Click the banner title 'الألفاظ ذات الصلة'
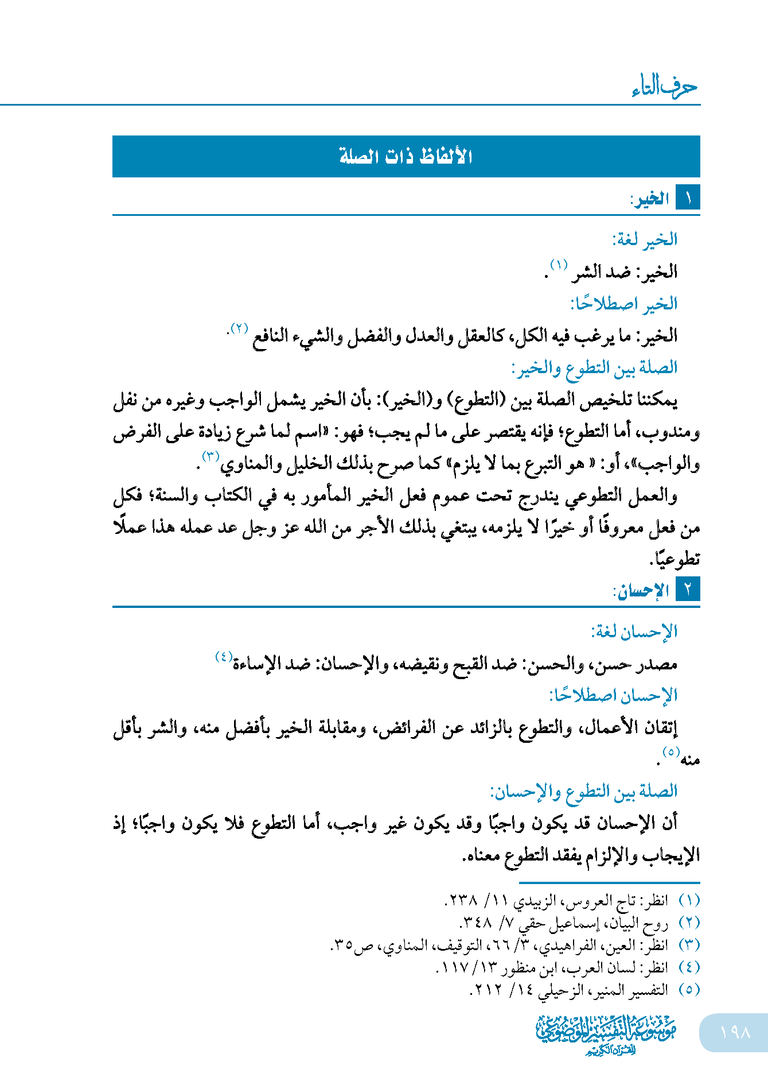click(406, 156)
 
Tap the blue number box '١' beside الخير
click(688, 199)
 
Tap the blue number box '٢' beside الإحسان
click(688, 590)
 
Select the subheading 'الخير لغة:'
click(645, 239)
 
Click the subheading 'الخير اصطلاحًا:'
click(624, 303)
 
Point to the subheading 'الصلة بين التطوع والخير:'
click(594, 368)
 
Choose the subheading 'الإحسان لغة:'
click(634, 632)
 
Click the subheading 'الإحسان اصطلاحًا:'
click(613, 696)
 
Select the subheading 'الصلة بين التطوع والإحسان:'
click(584, 792)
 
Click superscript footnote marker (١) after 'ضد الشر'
click(559, 265)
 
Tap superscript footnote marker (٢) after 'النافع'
click(239, 329)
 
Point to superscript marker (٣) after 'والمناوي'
click(210, 457)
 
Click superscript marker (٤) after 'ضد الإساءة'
click(224, 656)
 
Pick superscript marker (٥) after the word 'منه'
click(670, 752)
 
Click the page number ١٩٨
click(735, 1032)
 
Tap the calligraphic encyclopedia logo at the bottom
click(606, 1034)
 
